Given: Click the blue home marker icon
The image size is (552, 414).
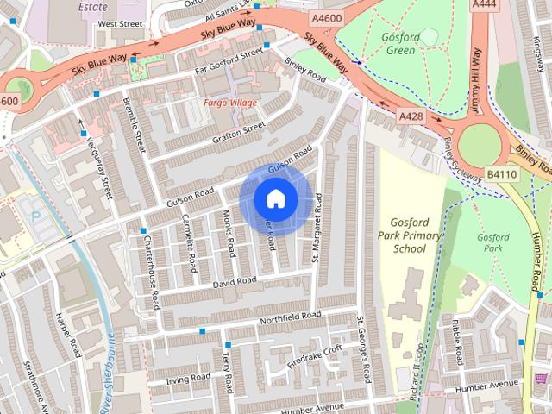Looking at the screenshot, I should point(274,199).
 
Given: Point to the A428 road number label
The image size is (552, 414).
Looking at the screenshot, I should point(411,116).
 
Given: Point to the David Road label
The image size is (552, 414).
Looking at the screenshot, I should point(235,282).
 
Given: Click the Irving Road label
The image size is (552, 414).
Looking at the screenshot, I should point(189,378).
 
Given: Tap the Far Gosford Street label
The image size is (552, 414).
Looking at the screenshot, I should point(229,59).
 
